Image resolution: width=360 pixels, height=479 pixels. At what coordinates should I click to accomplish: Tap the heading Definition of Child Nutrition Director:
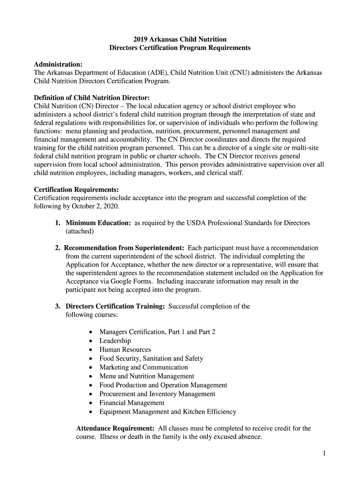pos(92,97)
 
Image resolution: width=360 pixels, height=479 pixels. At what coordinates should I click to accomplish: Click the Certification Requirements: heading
pos(76,189)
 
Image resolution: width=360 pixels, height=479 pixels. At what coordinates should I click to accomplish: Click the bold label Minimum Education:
pos(98,223)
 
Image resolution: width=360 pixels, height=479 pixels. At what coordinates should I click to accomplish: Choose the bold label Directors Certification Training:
pos(115,306)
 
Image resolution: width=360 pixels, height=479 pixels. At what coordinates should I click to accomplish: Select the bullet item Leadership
pos(115,341)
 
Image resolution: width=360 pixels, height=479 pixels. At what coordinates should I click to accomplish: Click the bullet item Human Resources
pos(125,349)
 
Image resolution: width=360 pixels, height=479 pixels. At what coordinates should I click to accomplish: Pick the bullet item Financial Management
pos(132,403)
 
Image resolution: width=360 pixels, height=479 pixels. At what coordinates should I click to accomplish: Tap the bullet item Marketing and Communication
pos(144,367)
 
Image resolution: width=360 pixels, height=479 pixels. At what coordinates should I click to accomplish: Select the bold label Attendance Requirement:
pos(115,428)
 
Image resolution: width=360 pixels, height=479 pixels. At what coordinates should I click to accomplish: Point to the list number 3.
pos(57,306)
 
